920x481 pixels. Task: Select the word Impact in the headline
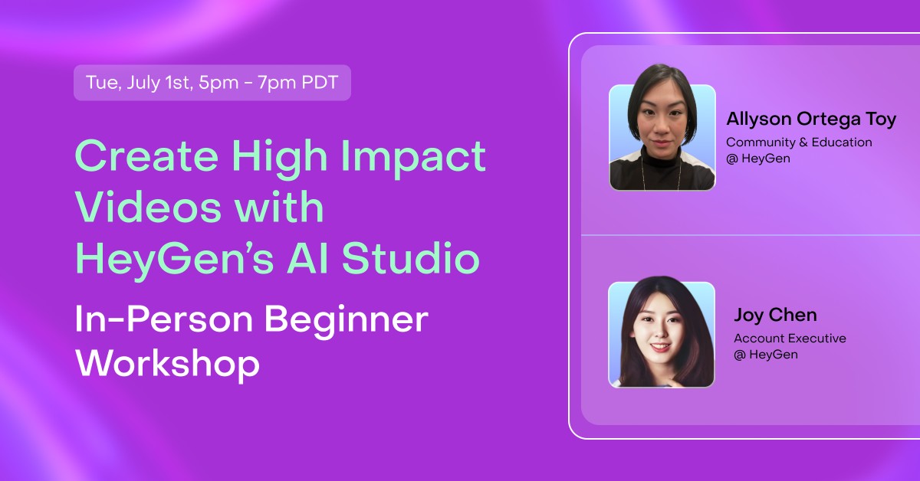tap(414, 157)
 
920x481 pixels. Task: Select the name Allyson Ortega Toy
tap(811, 119)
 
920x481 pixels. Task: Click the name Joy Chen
tap(775, 315)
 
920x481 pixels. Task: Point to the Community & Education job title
tap(799, 142)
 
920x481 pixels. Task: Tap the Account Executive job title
tap(790, 338)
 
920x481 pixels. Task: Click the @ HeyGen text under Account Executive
tap(766, 355)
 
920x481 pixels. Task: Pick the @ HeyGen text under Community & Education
tap(758, 159)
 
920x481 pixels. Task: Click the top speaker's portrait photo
tap(662, 137)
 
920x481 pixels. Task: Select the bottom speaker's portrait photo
tap(662, 334)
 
